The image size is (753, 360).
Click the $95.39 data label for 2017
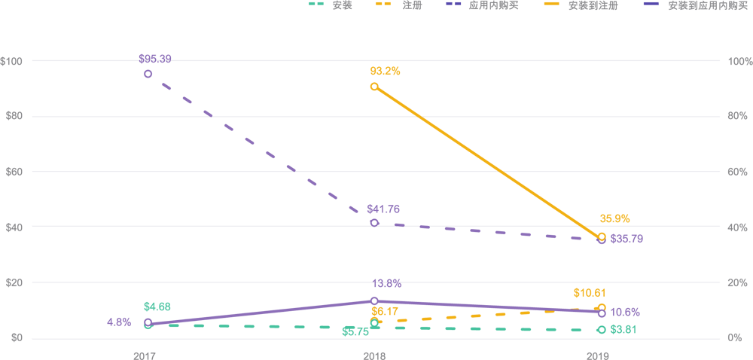[x=154, y=59]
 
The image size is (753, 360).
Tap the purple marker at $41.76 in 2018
[x=374, y=223]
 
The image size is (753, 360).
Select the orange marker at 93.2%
[x=374, y=87]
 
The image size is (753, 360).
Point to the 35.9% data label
[x=614, y=219]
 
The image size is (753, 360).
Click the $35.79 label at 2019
[x=626, y=239]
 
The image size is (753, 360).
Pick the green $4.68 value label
[x=157, y=307]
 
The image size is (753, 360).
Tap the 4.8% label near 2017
[x=119, y=322]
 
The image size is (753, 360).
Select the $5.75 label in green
[x=355, y=331]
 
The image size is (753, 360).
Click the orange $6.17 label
[x=384, y=311]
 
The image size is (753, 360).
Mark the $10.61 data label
[x=590, y=293]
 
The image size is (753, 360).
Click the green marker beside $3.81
[x=601, y=330]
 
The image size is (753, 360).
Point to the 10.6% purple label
[x=625, y=313]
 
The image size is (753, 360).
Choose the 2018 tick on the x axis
[x=374, y=354]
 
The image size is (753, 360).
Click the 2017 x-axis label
[x=144, y=354]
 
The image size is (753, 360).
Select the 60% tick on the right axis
[x=736, y=172]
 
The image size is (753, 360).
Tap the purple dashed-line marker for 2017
[x=148, y=74]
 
